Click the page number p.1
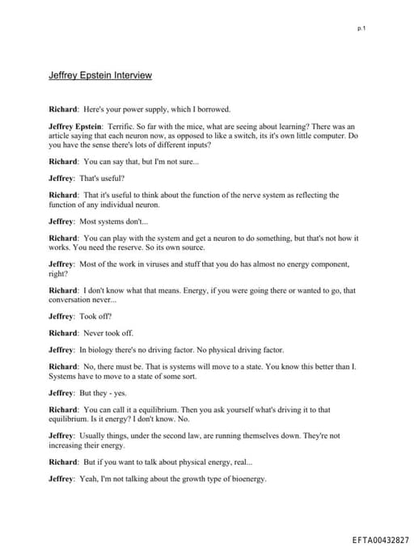[361, 29]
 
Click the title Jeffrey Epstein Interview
[100, 75]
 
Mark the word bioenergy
[243, 479]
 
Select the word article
[63, 136]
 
